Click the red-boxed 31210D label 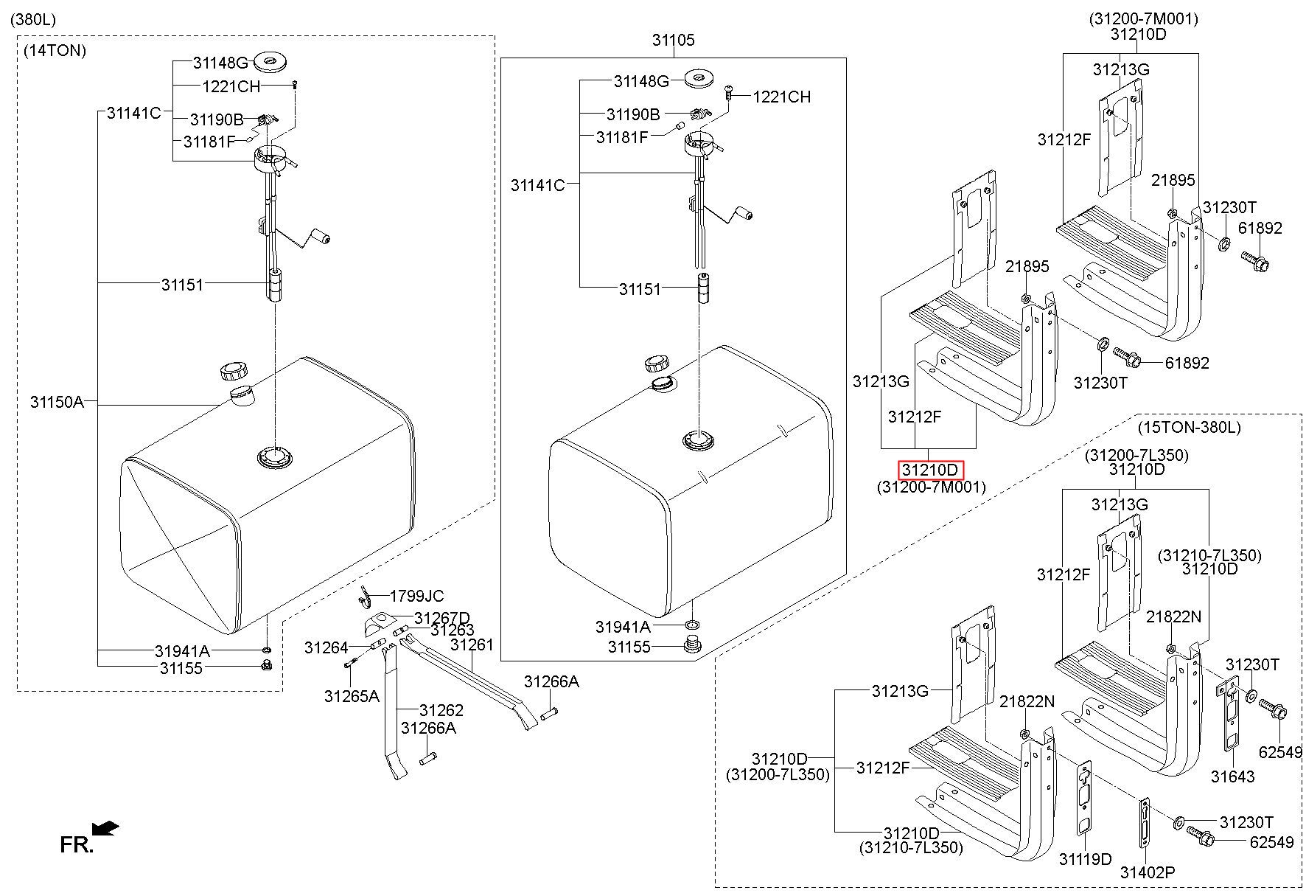coord(930,470)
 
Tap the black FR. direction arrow coord(106,828)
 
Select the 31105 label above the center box coord(673,40)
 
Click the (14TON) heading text coord(55,51)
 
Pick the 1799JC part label coord(416,596)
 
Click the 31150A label coord(57,402)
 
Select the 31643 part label coord(1232,776)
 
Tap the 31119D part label coord(1085,859)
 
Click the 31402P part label coord(1148,872)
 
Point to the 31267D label coord(442,617)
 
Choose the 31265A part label coord(352,695)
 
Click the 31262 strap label coord(441,710)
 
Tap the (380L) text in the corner coord(33,20)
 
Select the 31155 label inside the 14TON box coord(181,668)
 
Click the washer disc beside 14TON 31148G coord(269,61)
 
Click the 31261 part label coord(472,644)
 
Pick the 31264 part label coord(326,647)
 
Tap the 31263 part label coord(453,630)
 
